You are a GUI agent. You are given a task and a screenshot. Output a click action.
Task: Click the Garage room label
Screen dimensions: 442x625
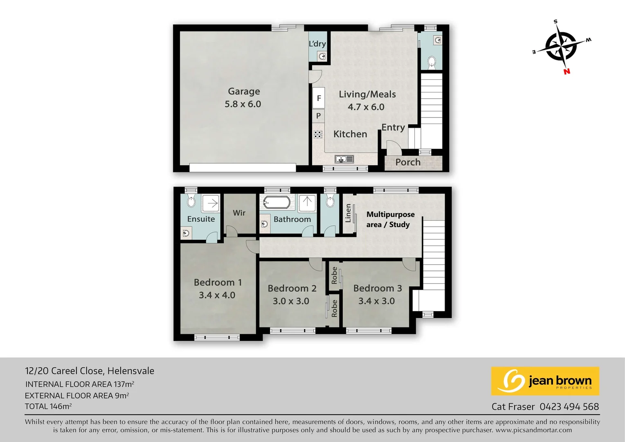coord(244,92)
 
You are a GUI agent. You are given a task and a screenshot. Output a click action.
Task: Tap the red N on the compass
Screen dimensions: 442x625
coord(567,72)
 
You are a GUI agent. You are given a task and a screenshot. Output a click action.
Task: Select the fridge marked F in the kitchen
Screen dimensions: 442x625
coord(319,98)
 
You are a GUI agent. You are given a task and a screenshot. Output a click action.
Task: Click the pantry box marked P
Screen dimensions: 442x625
coord(318,116)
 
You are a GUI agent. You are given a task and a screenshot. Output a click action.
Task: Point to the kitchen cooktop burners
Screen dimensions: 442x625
coord(318,134)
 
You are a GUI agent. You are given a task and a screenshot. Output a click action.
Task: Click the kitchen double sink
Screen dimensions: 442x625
coord(344,159)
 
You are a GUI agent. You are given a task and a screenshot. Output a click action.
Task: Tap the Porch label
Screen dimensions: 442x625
coord(408,162)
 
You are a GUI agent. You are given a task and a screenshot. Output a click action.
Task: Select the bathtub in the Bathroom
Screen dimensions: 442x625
coord(277,202)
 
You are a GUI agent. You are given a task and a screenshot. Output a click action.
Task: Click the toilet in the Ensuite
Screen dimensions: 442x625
coord(191,201)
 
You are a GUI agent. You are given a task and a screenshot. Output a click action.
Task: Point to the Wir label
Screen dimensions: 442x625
coord(239,213)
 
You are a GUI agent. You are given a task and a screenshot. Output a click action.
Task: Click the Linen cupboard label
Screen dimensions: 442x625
coord(348,213)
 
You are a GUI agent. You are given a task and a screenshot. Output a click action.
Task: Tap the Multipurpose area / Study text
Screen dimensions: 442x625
coord(390,219)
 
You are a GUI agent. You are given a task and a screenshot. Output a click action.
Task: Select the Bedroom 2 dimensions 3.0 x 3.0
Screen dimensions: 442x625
coord(291,301)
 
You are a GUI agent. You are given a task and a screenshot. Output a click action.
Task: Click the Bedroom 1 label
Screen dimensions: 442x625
coord(218,282)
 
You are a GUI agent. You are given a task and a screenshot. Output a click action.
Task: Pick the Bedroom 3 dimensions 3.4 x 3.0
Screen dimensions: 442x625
coord(376,301)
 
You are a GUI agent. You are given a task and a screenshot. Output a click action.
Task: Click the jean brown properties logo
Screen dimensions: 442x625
coord(545,381)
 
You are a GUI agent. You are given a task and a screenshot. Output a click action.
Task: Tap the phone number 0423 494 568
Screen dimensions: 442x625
coord(569,407)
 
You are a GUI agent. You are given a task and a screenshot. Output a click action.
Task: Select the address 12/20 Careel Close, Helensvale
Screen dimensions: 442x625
coord(90,371)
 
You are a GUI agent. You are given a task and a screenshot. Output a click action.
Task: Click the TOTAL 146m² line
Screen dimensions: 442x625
coord(48,406)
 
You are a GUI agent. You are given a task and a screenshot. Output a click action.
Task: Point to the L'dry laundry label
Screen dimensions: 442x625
coord(317,44)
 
